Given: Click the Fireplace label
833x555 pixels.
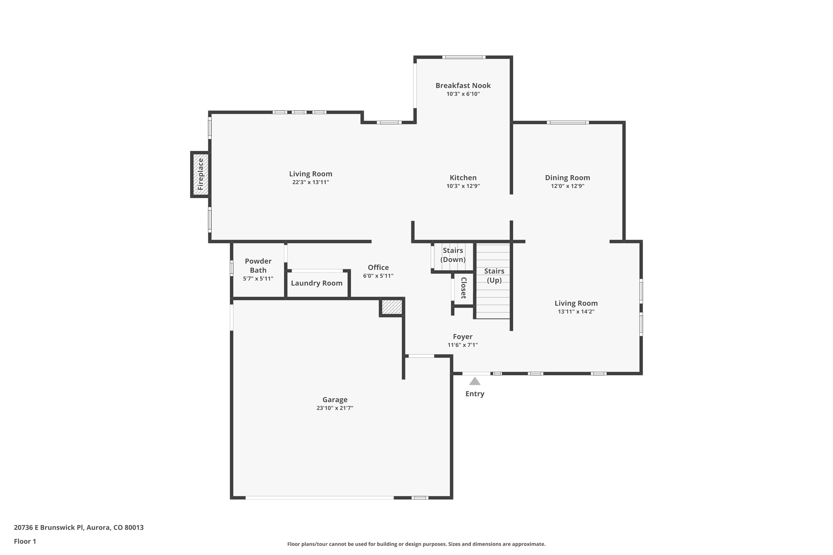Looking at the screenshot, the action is click(x=200, y=174).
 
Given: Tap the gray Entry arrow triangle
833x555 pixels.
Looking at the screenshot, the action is click(x=475, y=381).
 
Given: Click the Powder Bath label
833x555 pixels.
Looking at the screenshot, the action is click(x=258, y=266).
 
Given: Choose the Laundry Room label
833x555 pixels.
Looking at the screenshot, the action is click(x=317, y=283).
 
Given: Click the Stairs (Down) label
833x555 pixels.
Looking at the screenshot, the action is click(x=453, y=255).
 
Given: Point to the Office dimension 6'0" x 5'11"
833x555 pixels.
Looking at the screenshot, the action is click(x=378, y=276).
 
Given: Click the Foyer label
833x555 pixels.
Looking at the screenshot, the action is click(x=463, y=337).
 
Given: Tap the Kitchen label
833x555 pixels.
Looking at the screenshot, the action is click(x=463, y=178).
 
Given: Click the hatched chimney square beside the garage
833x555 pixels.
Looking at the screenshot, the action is click(x=392, y=307).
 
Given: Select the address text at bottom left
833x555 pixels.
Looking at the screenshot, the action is click(x=79, y=528).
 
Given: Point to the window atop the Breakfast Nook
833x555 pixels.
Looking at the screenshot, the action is click(x=464, y=57).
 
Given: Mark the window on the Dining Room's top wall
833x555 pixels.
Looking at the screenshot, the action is click(x=568, y=122).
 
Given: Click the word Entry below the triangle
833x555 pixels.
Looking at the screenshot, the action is click(x=475, y=393).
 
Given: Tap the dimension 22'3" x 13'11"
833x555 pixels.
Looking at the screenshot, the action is click(x=311, y=182).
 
